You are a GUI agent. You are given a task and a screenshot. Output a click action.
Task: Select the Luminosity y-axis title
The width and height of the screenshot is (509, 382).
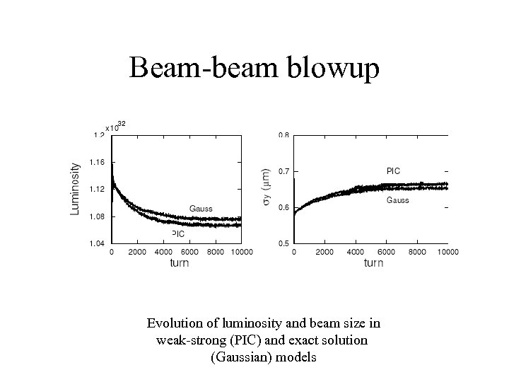point(75,190)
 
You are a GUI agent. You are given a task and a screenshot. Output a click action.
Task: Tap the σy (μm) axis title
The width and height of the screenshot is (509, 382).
point(265,188)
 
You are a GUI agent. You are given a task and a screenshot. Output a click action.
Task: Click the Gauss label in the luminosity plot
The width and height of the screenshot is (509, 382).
point(201,208)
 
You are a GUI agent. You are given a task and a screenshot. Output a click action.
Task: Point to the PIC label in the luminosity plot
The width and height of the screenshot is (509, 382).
point(177,233)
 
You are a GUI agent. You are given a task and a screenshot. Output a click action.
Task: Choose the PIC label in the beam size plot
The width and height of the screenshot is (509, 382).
point(393,170)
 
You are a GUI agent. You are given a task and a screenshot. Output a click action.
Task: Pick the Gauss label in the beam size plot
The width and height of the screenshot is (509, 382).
point(397,200)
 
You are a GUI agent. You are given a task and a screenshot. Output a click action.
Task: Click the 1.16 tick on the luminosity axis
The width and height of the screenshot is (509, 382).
point(98,162)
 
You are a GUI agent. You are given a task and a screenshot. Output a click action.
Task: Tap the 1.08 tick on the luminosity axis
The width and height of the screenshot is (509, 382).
point(98,216)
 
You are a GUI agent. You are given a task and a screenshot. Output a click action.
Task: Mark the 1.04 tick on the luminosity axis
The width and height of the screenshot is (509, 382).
point(98,243)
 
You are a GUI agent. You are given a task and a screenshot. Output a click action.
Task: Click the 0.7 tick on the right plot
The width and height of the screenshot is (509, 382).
point(283,171)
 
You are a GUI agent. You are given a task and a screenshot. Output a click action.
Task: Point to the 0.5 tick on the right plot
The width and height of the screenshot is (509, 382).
point(283,243)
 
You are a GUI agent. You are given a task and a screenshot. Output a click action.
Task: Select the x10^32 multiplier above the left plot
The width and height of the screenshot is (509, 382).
point(115,127)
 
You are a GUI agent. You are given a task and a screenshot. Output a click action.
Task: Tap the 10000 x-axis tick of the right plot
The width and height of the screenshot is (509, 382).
point(447,252)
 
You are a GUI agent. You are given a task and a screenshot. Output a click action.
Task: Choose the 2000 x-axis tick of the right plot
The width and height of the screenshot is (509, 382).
point(324,252)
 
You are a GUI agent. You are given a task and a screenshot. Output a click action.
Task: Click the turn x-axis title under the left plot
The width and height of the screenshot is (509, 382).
point(179,263)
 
